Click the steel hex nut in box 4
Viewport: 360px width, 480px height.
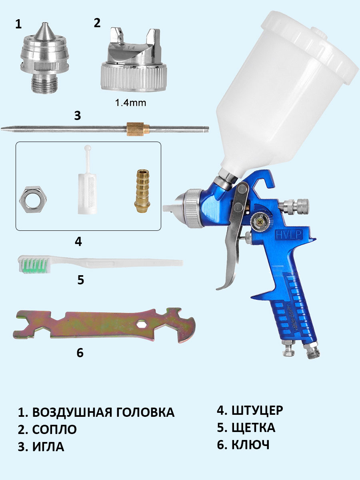(x=33, y=199)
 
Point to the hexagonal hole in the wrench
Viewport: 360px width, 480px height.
(x=142, y=324)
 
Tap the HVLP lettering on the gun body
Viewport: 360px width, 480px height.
(x=289, y=235)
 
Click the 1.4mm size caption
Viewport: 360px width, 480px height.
(x=131, y=103)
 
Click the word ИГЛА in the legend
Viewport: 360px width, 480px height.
(x=48, y=446)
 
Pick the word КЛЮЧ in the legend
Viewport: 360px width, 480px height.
(x=250, y=444)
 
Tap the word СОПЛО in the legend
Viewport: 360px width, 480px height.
(x=55, y=429)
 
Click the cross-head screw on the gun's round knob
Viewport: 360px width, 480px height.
(x=260, y=222)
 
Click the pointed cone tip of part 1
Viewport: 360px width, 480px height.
(x=45, y=31)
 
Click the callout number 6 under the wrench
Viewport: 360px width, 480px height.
(x=80, y=352)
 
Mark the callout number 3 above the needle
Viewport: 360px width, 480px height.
(x=78, y=116)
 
